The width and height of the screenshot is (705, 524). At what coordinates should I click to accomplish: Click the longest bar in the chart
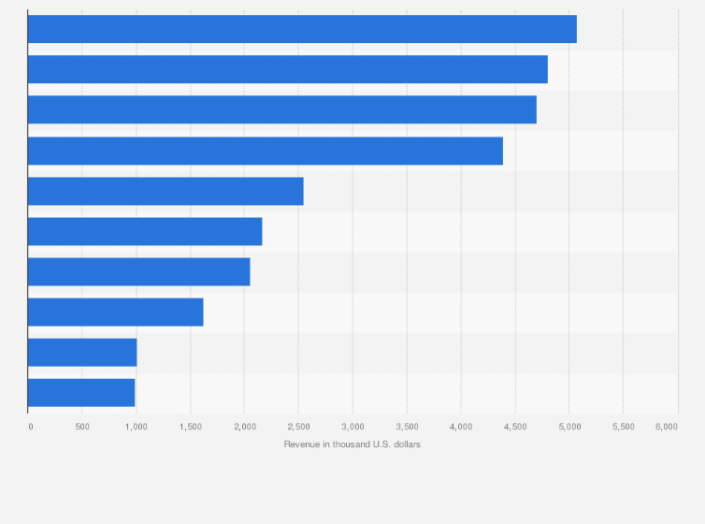click(302, 29)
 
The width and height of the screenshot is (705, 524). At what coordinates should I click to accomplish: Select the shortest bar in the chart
click(81, 393)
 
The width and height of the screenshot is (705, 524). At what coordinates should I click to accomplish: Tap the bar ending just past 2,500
click(165, 191)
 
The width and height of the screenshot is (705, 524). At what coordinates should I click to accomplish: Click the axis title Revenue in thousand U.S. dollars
click(352, 444)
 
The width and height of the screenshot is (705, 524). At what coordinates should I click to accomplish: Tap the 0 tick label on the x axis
click(31, 427)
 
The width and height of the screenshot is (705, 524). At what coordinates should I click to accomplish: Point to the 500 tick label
click(82, 427)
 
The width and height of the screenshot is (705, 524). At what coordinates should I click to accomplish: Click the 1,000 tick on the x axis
click(136, 427)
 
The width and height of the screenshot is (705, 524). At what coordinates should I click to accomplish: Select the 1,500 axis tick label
click(190, 427)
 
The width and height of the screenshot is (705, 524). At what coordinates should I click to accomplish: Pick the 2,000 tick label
click(244, 427)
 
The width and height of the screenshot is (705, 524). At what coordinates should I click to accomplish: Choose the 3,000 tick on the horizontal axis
click(352, 427)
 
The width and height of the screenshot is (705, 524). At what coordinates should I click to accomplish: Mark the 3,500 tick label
click(406, 427)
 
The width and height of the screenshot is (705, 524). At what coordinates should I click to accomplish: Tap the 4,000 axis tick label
click(460, 427)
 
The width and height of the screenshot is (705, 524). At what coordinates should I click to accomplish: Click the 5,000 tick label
click(568, 427)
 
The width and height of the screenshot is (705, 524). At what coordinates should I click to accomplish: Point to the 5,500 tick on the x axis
click(623, 427)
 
